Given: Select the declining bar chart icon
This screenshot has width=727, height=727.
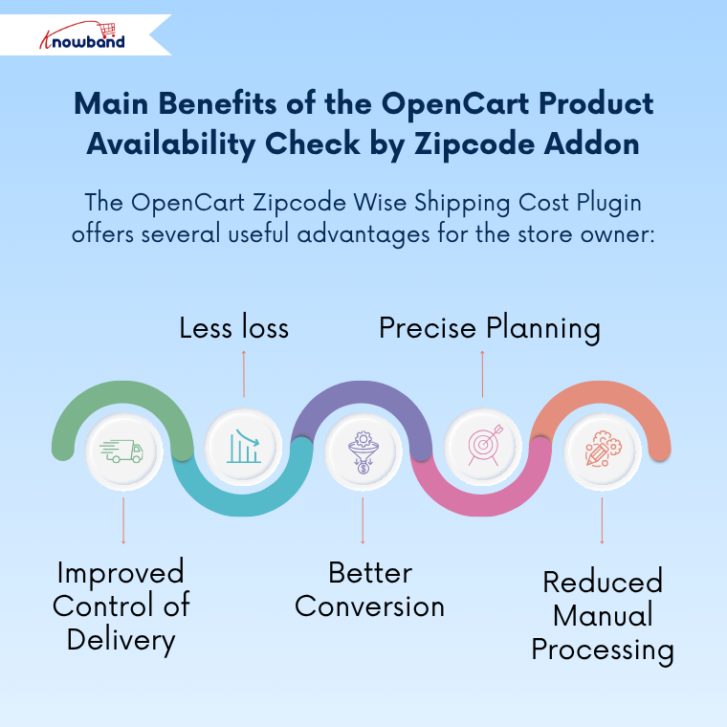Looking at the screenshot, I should click(x=243, y=447).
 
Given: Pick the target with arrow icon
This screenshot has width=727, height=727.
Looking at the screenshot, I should click(x=482, y=447).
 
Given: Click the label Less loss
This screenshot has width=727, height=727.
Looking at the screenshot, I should click(x=234, y=328).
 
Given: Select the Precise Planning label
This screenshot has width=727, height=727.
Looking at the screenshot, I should click(x=490, y=328).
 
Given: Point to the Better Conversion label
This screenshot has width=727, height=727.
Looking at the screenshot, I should click(x=369, y=589).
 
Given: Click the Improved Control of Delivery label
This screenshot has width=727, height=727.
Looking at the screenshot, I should click(x=121, y=606).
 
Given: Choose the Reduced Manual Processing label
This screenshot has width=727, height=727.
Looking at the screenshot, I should click(x=603, y=615).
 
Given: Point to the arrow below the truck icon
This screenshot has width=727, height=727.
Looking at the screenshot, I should click(x=123, y=518).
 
